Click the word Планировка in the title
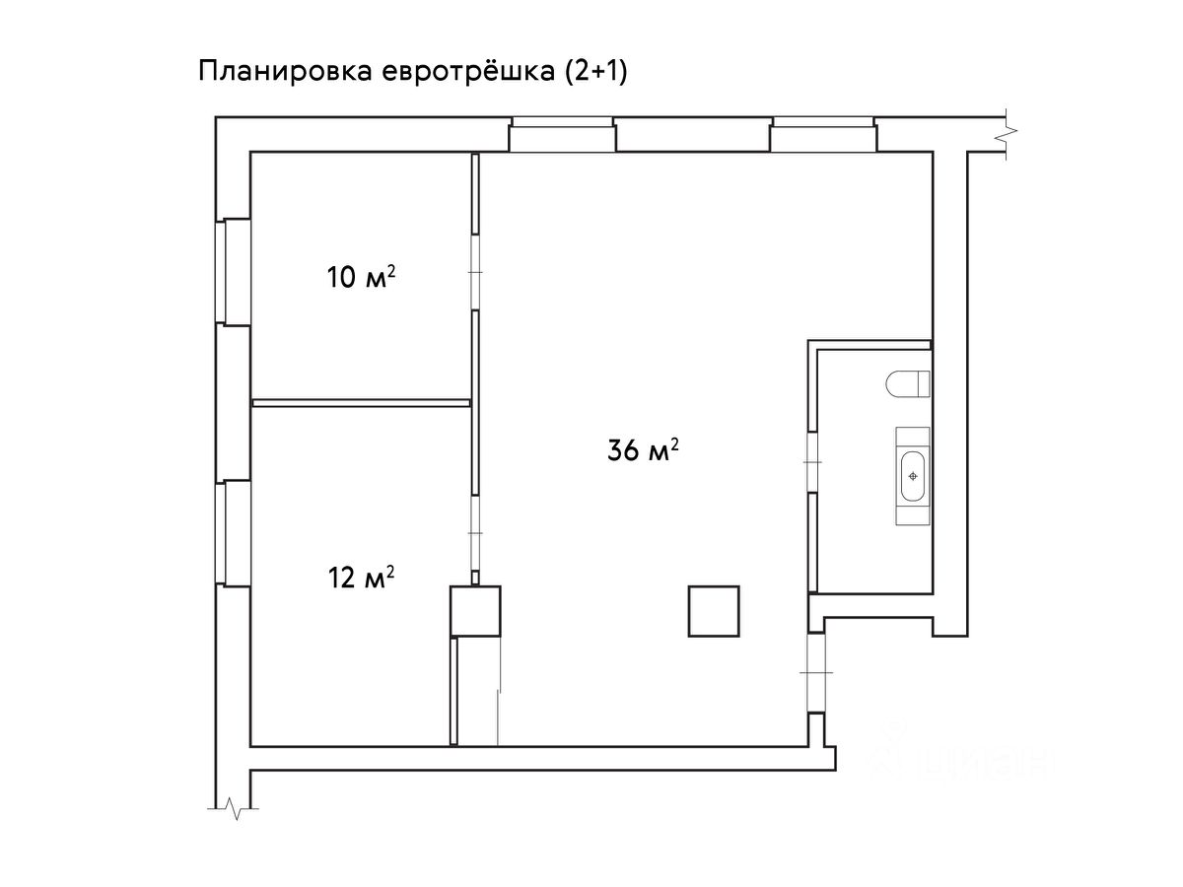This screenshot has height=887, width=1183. pyautogui.click(x=286, y=72)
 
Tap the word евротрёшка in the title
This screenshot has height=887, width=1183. pyautogui.click(x=468, y=72)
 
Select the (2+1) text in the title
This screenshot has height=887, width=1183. pyautogui.click(x=596, y=72)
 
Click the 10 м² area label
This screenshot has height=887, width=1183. pyautogui.click(x=361, y=277)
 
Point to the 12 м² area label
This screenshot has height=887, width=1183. pyautogui.click(x=361, y=577)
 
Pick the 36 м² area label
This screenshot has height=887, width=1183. pyautogui.click(x=643, y=449)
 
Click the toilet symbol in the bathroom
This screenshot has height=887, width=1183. pyautogui.click(x=908, y=384)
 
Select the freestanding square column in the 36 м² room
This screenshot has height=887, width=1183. pyautogui.click(x=714, y=612)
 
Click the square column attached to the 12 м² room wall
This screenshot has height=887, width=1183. pyautogui.click(x=475, y=611)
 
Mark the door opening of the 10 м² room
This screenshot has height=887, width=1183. pyautogui.click(x=475, y=272)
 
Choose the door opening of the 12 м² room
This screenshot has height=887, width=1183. pyautogui.click(x=475, y=533)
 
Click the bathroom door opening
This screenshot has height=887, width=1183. pyautogui.click(x=812, y=462)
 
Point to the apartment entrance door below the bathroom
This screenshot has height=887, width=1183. pyautogui.click(x=816, y=673)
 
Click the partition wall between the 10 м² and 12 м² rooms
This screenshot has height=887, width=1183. pyautogui.click(x=361, y=403)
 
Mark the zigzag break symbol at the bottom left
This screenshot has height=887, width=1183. pyautogui.click(x=233, y=808)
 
